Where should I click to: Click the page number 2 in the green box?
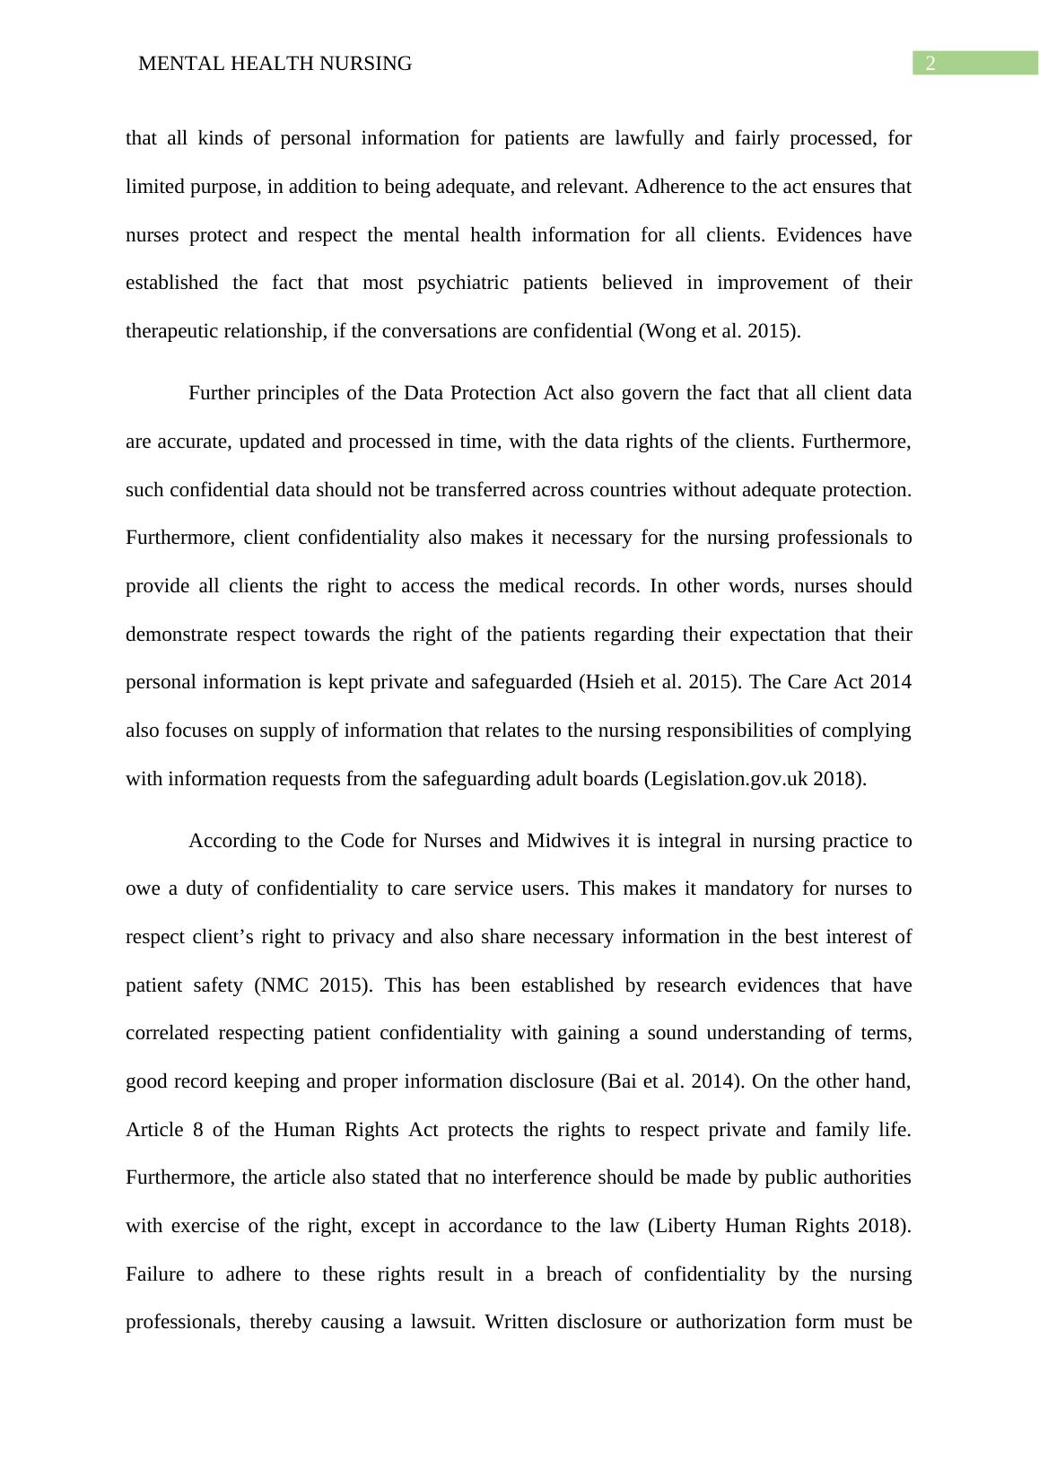(930, 64)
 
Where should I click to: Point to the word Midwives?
(564, 841)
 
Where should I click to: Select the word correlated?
(170, 1033)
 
